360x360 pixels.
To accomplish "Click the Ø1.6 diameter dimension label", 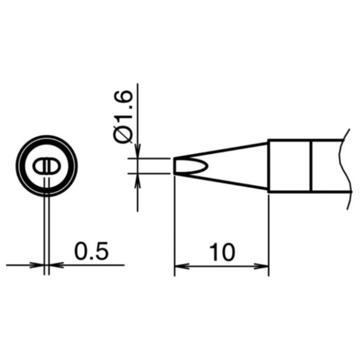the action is tap(123, 117).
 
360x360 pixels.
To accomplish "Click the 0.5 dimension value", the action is tap(91, 251).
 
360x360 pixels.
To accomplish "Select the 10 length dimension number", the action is tap(222, 253).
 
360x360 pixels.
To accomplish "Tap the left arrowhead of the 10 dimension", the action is tap(182, 266).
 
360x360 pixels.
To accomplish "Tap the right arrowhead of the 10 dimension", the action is tap(261, 266).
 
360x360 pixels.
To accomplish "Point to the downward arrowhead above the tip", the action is tap(137, 151).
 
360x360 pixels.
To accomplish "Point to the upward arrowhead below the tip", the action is tap(137, 181).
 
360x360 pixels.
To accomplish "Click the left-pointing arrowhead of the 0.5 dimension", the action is tap(57, 265).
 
